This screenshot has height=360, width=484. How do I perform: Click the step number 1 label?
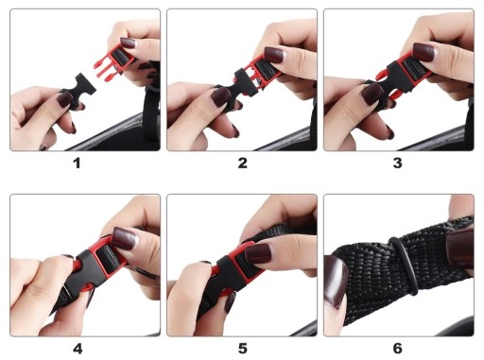[x=77, y=163]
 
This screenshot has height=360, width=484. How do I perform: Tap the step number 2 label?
[x=242, y=163]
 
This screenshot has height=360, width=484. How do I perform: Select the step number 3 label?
[x=398, y=163]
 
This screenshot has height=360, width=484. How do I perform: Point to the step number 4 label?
[x=78, y=349]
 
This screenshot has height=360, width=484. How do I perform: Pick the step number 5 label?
[x=242, y=349]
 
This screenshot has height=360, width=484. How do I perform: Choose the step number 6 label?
[x=398, y=349]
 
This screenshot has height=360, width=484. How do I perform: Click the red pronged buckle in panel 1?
[x=112, y=64]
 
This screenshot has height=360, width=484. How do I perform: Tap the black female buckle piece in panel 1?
[x=78, y=91]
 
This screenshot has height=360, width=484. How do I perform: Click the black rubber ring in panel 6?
[x=404, y=266]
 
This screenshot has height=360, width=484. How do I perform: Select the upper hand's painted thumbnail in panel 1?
[x=128, y=43]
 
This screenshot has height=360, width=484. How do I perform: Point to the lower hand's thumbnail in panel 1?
[x=65, y=99]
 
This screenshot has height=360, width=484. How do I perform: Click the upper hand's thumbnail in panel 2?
[x=274, y=55]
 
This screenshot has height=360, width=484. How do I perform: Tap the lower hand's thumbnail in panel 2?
[x=220, y=96]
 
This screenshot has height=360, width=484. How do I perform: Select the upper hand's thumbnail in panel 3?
[x=423, y=52]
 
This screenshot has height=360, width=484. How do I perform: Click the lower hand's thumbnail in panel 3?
[x=372, y=94]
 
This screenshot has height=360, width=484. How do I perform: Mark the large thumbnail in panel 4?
[x=124, y=238]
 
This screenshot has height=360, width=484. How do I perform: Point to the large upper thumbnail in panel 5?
[x=258, y=254]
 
